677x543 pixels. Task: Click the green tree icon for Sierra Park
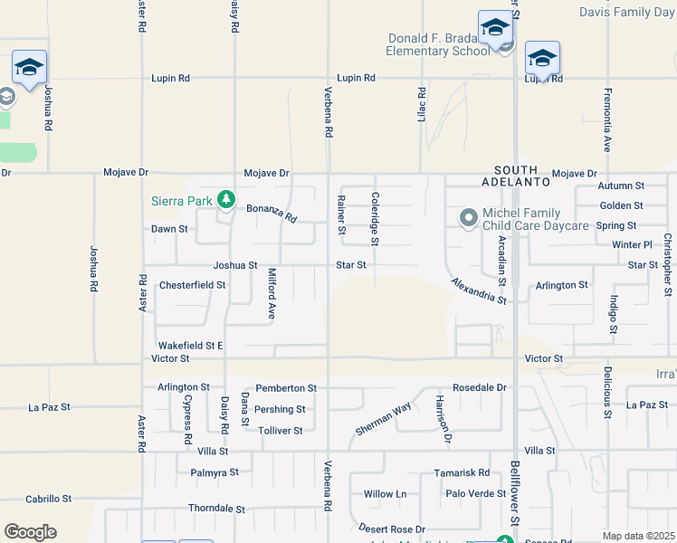pyautogui.click(x=226, y=199)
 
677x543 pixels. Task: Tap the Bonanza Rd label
pyautogui.click(x=272, y=214)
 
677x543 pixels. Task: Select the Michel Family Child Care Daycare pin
pyautogui.click(x=468, y=218)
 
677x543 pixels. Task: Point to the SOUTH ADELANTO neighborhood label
pyautogui.click(x=521, y=176)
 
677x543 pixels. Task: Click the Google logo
pyautogui.click(x=30, y=532)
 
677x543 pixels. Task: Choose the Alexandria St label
pyautogui.click(x=479, y=291)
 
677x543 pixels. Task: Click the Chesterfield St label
pyautogui.click(x=192, y=285)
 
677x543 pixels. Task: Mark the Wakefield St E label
pyautogui.click(x=190, y=346)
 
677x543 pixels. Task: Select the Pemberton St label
pyautogui.click(x=286, y=388)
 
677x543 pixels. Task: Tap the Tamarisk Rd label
pyautogui.click(x=462, y=473)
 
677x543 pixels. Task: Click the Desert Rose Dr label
pyautogui.click(x=391, y=528)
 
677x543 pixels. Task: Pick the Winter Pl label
pyautogui.click(x=632, y=245)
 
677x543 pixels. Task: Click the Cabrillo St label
pyautogui.click(x=48, y=499)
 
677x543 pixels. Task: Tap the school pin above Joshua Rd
pyautogui.click(x=29, y=69)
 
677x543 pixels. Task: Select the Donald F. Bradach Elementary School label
pyautogui.click(x=438, y=44)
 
